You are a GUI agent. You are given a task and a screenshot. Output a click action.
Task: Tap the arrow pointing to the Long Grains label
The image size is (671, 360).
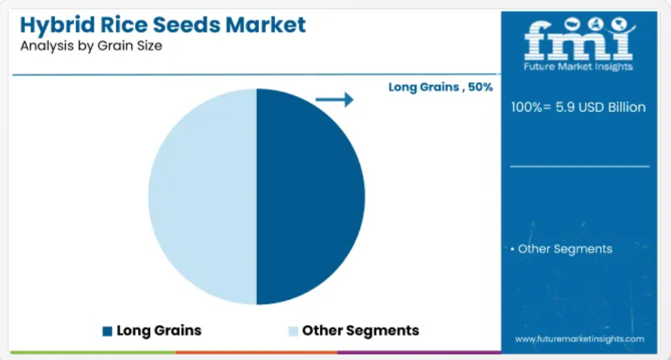[334, 100]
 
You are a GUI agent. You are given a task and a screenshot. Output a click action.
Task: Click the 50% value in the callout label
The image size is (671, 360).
[480, 87]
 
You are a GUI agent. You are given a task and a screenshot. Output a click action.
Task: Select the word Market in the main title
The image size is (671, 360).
[265, 24]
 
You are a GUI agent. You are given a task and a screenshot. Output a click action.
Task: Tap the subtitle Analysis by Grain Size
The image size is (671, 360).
[91, 46]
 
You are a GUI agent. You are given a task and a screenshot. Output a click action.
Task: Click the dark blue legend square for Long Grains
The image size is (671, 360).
[107, 332]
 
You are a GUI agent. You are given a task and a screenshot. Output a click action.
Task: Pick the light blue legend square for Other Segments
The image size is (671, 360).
[293, 332]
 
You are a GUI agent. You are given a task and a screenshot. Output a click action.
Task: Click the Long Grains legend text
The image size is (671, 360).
[159, 330]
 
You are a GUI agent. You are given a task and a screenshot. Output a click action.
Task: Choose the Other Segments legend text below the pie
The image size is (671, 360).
[360, 330]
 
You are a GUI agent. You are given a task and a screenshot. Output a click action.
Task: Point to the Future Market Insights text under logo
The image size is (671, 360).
[578, 66]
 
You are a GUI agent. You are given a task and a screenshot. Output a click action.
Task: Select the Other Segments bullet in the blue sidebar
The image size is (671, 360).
[562, 249]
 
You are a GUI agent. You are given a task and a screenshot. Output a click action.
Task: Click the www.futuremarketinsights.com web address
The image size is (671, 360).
[580, 339]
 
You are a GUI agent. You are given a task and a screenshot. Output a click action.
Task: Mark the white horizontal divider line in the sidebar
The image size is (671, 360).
[580, 166]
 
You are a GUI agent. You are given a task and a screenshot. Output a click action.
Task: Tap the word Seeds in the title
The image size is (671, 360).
[186, 24]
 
